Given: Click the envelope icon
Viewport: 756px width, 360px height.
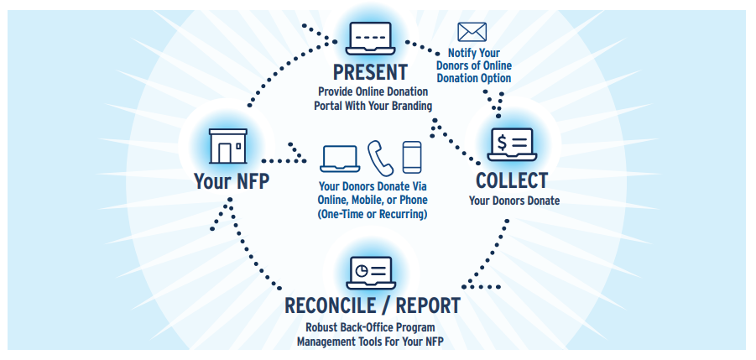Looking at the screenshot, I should (x=471, y=33).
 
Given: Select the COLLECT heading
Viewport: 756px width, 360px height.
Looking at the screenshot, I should (x=512, y=180).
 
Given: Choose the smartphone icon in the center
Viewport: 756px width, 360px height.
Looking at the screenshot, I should (x=412, y=157).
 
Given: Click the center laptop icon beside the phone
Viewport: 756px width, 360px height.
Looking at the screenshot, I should (x=341, y=158).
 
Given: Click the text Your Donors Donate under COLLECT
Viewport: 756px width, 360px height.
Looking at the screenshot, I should (x=514, y=201).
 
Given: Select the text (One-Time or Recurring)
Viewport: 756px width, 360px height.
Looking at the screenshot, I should (x=372, y=215).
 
